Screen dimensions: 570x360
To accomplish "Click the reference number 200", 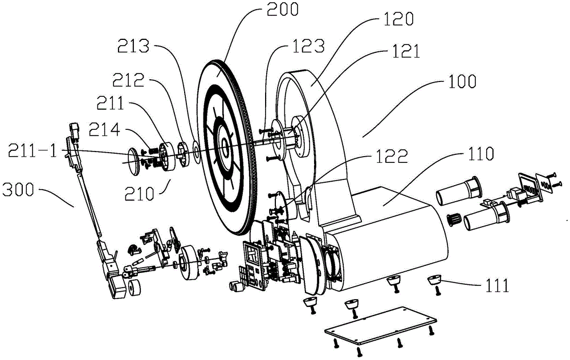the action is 283,9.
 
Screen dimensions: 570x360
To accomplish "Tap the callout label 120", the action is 398,19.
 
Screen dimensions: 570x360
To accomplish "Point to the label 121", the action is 405,52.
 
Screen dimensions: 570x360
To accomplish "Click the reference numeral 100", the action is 462,81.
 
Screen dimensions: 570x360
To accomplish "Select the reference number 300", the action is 18,190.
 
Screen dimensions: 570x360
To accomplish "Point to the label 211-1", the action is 33,151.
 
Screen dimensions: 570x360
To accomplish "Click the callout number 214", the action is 105,129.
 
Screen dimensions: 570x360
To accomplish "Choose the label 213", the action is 133,46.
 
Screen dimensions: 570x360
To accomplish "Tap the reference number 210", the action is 139,194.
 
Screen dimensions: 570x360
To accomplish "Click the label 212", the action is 128,81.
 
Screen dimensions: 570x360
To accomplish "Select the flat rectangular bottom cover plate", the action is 380,325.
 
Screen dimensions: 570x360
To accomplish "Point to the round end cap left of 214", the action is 135,162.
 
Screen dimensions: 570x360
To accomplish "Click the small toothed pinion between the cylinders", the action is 454,220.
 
